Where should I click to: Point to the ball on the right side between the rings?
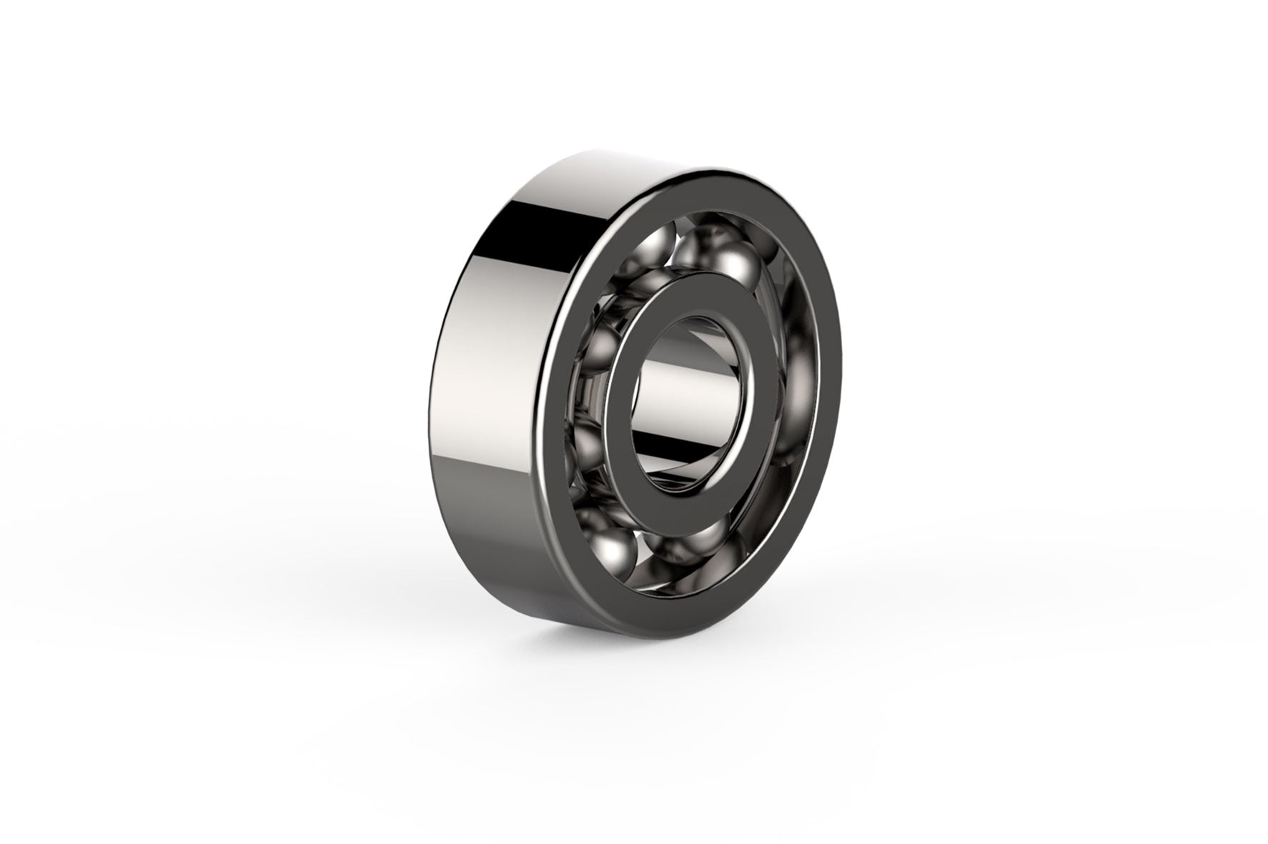coord(801,386)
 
